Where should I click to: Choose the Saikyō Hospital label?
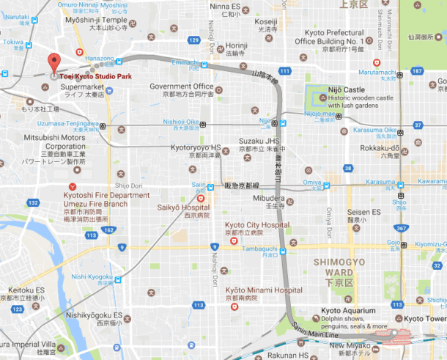(184, 207)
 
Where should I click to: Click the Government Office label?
(182, 87)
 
